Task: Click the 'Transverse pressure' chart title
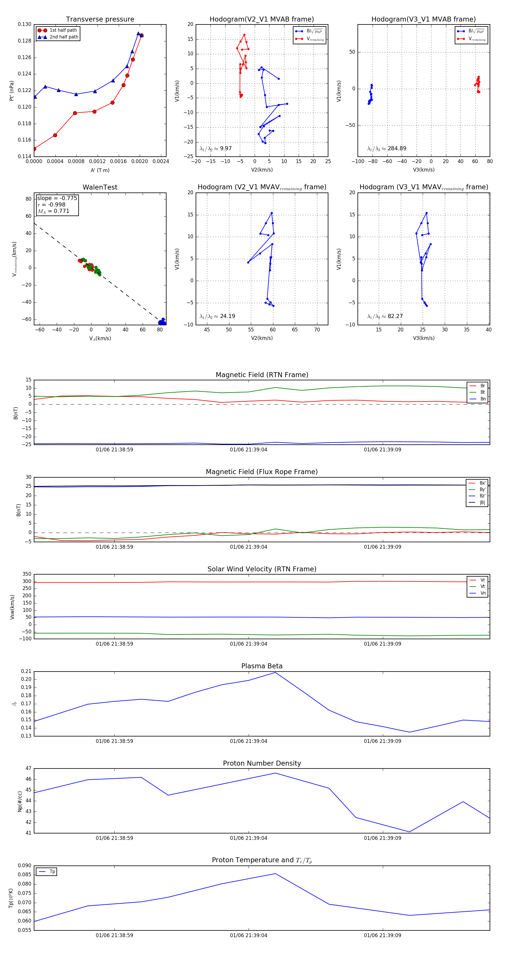[100, 20]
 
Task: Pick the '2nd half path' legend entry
[64, 37]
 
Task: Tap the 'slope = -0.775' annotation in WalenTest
[57, 198]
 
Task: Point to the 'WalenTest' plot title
[100, 187]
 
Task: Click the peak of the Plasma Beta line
[275, 672]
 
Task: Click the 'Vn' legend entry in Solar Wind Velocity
[483, 593]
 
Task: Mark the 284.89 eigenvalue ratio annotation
[387, 149]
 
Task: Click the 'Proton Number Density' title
[262, 763]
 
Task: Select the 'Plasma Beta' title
[262, 666]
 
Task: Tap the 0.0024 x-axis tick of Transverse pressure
[161, 162]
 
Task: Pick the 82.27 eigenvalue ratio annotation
[385, 316]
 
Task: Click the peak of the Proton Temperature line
[275, 873]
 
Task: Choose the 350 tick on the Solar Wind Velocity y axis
[27, 574]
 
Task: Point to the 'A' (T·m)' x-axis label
[100, 170]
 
